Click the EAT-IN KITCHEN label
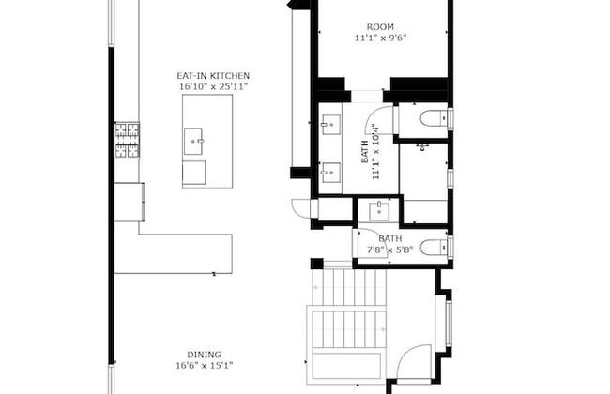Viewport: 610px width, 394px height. click(x=214, y=75)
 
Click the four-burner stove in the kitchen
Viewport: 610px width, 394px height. click(x=127, y=141)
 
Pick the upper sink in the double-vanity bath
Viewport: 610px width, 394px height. click(x=331, y=123)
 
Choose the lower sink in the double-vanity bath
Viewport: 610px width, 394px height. click(x=331, y=172)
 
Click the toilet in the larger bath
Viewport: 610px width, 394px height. click(x=435, y=118)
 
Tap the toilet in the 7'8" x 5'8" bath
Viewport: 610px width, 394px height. click(x=435, y=247)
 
